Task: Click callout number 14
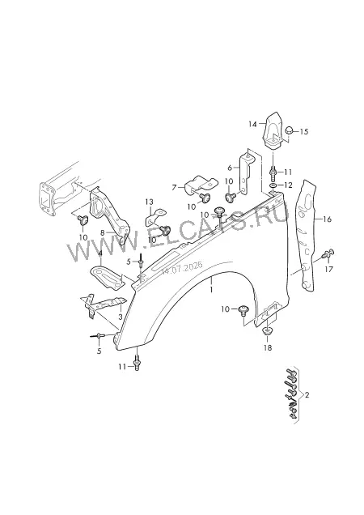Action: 252,125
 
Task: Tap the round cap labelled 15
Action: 290,130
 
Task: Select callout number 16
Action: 327,219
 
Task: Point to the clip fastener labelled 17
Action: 328,253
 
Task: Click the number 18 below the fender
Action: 268,348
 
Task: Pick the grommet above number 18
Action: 269,330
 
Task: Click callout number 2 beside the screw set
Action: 307,395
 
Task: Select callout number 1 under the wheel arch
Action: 211,290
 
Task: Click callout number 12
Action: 288,185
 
